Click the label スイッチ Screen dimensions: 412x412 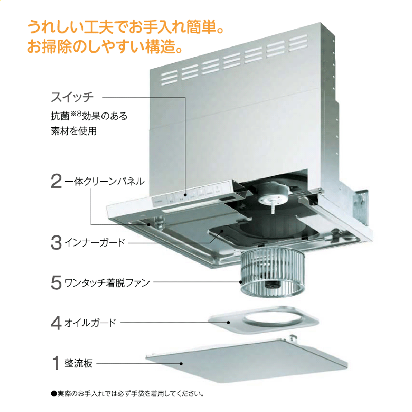coord(72,97)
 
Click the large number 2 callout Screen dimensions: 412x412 coord(56,181)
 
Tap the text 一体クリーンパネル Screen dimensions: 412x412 coord(104,181)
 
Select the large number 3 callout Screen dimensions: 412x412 coord(56,242)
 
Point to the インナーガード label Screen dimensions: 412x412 coord(95,242)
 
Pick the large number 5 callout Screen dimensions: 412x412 coord(56,282)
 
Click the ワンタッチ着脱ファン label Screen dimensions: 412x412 coord(107,283)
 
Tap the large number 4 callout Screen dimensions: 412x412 coord(56,323)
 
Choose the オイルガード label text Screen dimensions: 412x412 coord(90,323)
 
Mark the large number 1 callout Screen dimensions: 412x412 coord(56,363)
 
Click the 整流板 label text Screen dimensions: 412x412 coord(79,363)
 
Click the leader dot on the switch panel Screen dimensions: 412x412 coord(185,195)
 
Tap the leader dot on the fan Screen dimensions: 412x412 coord(240,282)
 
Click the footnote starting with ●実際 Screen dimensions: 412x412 coord(128,393)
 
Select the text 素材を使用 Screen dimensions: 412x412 coord(74,131)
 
